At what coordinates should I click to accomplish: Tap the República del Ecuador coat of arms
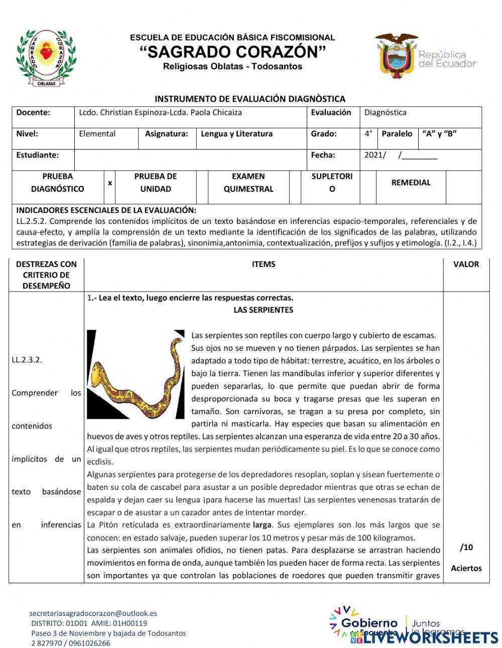coord(396,55)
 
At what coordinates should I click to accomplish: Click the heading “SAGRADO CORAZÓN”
coord(232,52)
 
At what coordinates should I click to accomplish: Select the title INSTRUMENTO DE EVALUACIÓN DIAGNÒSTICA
coord(249,99)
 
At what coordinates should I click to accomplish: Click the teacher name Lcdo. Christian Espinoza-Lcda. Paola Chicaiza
coord(160,112)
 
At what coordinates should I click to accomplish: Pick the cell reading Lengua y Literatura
coord(236,134)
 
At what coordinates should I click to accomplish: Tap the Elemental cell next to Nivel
coord(97,134)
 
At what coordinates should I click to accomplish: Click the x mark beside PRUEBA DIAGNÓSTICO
coord(110,183)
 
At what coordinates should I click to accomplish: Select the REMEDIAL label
coord(411,183)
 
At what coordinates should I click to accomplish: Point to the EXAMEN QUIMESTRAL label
coord(248,183)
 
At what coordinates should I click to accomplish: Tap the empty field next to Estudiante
coord(190,156)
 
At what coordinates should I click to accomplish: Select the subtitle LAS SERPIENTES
coord(263,310)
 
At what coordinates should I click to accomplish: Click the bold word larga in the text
coord(262,525)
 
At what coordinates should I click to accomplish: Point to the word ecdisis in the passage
coord(100,462)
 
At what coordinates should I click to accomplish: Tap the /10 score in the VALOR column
coord(466,548)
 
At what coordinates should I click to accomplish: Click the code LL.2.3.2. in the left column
coord(27,360)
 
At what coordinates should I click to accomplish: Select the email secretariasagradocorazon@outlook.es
coord(93,613)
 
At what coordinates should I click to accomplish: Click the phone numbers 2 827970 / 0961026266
coord(70,643)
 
